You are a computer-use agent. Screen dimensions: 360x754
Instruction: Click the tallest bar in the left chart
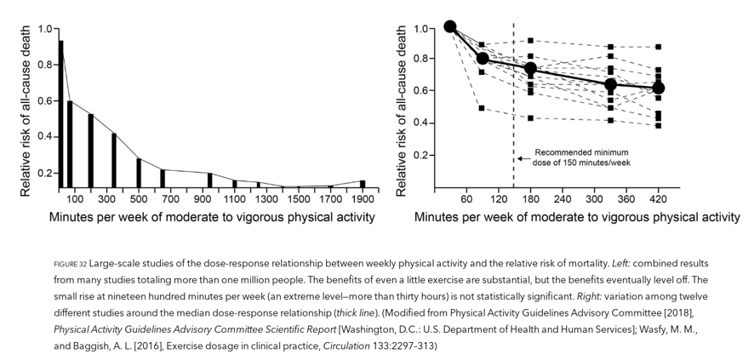[x=60, y=111]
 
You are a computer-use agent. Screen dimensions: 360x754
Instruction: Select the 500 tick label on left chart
[x=138, y=199]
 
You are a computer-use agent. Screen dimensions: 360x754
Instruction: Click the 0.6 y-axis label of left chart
[x=42, y=100]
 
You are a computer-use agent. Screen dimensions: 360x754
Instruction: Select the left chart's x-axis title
[x=211, y=218]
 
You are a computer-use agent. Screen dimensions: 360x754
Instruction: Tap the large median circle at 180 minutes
[x=530, y=68]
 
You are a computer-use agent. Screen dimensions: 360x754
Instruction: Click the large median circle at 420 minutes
[x=658, y=88]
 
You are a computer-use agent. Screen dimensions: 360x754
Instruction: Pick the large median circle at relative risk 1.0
[x=450, y=27]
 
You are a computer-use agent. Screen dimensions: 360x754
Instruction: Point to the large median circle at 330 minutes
[x=610, y=84]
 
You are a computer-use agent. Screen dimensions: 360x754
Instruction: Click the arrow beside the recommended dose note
[x=521, y=157]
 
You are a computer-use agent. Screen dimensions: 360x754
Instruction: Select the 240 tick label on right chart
[x=562, y=199]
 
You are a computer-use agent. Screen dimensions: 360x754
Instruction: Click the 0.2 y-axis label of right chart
[x=420, y=156]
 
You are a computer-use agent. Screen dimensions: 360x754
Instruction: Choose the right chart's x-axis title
[x=577, y=218]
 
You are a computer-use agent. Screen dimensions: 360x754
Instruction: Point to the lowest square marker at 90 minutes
[x=482, y=108]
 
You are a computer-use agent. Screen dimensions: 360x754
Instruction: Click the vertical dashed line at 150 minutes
[x=513, y=102]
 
